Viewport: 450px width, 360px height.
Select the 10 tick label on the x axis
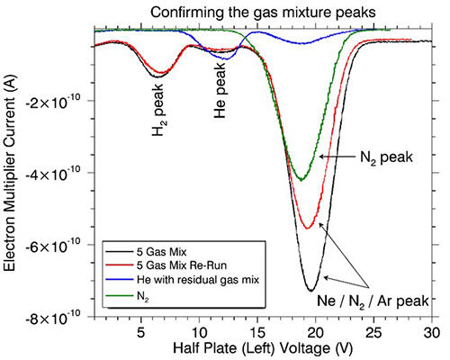198,332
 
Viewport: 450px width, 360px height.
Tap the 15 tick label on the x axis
256,332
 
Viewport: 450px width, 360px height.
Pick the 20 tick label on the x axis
315,332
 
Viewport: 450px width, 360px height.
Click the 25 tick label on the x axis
373,332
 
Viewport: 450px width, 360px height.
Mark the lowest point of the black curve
310,290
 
